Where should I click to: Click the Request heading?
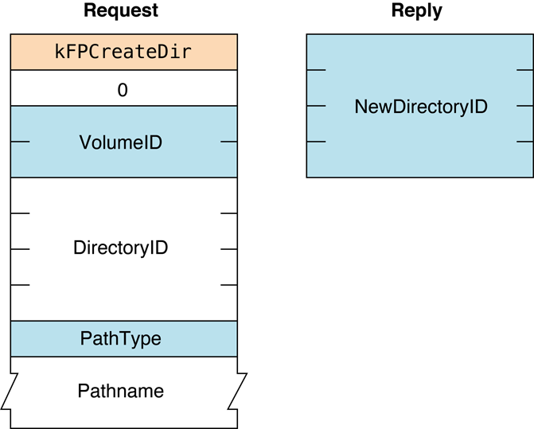[x=121, y=11]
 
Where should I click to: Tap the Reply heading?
[x=416, y=11]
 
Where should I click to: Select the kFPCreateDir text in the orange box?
[x=123, y=53]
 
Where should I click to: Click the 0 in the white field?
[x=123, y=90]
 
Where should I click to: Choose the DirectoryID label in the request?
[x=121, y=248]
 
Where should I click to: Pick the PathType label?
[x=121, y=339]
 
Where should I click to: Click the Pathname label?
[x=121, y=391]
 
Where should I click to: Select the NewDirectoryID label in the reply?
[x=420, y=107]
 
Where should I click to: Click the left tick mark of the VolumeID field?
[x=20, y=142]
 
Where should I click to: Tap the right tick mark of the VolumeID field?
[x=228, y=142]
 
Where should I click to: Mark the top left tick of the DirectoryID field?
[x=20, y=213]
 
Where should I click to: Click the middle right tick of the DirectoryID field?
[x=228, y=249]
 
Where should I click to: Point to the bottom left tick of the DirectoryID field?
[x=20, y=284]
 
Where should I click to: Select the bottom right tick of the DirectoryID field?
[x=228, y=284]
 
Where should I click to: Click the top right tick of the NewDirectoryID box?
[x=524, y=70]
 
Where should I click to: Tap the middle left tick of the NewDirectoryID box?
[x=316, y=106]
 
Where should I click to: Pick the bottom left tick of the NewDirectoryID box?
[x=316, y=142]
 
